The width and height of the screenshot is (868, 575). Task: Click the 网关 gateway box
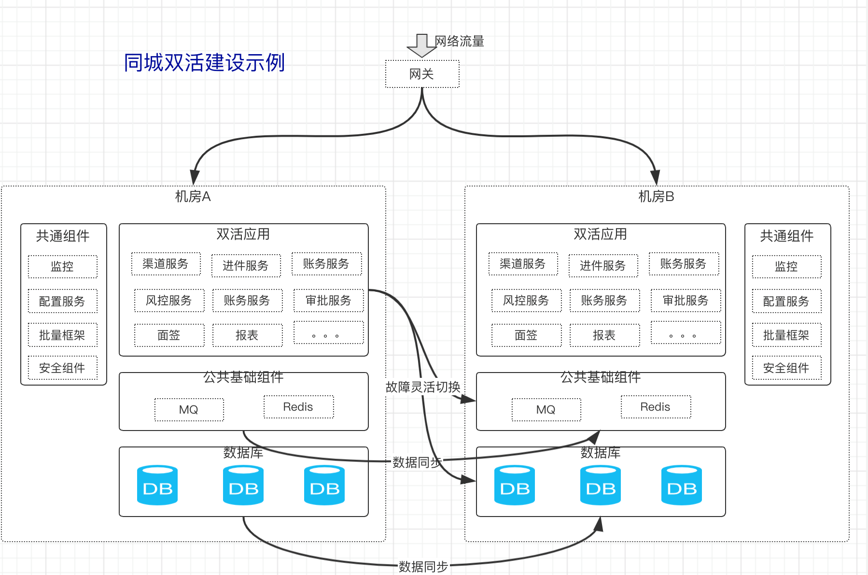coord(422,74)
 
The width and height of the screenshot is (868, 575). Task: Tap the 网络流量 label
coord(459,41)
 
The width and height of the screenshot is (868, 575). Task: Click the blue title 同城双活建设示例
coord(204,63)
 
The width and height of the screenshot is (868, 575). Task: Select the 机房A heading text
coord(193,197)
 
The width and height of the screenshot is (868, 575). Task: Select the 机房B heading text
coord(656,197)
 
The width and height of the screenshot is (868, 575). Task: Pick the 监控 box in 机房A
coord(63,267)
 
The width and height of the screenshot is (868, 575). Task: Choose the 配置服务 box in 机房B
coord(786,302)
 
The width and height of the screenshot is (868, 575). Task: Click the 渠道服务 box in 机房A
coord(166,264)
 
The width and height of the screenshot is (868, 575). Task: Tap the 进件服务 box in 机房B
coord(603,266)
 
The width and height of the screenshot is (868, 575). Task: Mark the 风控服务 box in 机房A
coord(169,301)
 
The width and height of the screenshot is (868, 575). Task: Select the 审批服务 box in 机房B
coord(686,301)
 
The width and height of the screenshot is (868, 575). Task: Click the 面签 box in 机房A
coord(169,335)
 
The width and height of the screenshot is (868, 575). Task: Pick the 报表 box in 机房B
coord(604,335)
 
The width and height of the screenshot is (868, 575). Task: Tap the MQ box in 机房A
coord(189,410)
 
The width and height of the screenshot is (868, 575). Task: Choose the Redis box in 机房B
coord(656,407)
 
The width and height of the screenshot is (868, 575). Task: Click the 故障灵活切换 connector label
coord(423,387)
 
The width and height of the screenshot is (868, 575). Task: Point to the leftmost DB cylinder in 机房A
coord(157,486)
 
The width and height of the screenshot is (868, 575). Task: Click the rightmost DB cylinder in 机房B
coord(681,486)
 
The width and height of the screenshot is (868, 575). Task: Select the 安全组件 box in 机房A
coord(63,368)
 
